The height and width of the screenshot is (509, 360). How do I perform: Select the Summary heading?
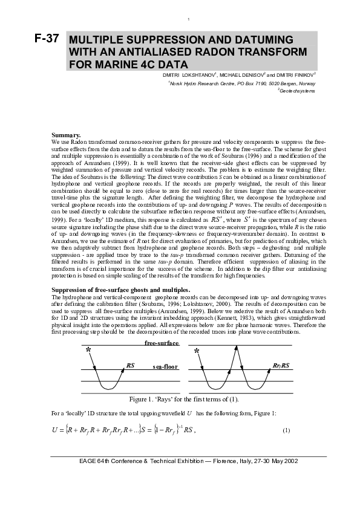coord(67,134)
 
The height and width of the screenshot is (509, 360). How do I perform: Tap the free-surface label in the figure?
coord(162,343)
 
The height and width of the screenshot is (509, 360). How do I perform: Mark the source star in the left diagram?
coord(88,350)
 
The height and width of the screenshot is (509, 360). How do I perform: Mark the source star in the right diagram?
coord(197,351)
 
